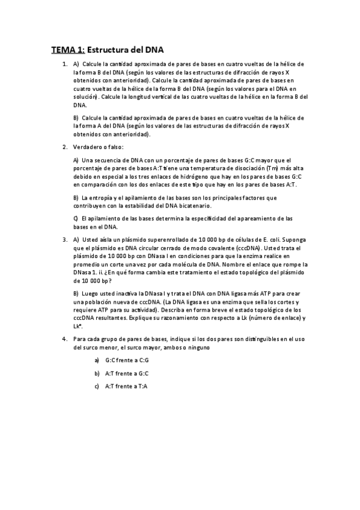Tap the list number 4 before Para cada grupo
[65, 339]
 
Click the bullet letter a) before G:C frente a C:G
[96, 360]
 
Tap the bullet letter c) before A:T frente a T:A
[96, 386]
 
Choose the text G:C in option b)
[142, 373]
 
